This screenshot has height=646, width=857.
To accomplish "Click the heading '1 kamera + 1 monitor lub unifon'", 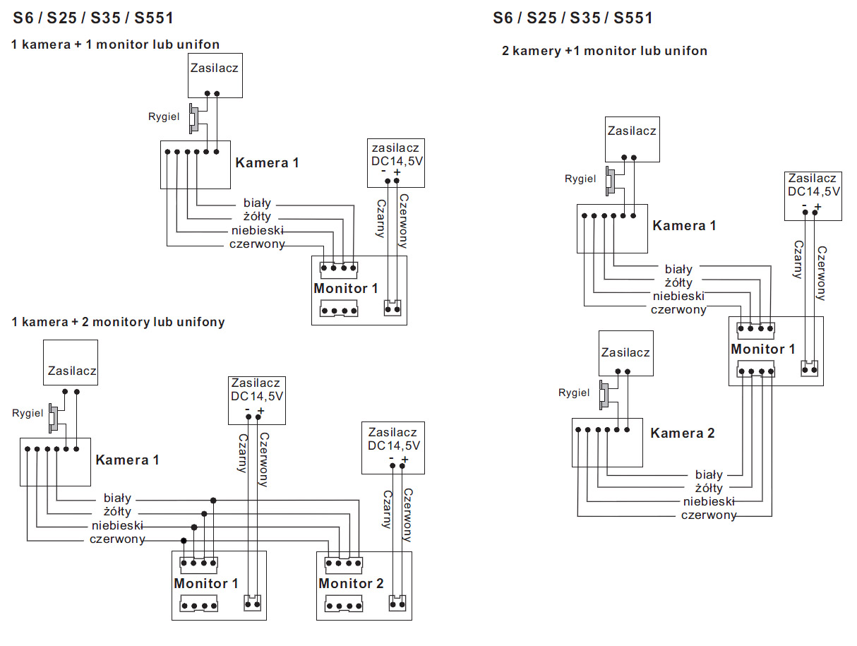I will point(115,44).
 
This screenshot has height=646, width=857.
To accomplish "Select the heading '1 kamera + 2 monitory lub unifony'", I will point(118,322).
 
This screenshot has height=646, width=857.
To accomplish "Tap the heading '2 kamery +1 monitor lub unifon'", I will point(604,51).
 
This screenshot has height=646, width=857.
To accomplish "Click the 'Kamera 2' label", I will point(682,433).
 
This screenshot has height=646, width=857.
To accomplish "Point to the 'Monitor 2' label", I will point(351,584).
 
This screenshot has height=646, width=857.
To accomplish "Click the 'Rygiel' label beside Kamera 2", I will point(574,393).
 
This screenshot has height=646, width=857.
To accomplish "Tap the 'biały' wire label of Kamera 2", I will point(709,474).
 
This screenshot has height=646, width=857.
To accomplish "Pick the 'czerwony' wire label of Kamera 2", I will point(709,515).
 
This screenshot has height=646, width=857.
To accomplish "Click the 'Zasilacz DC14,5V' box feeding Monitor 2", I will point(393,447).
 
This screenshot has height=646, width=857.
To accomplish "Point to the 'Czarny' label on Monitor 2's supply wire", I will point(386,509).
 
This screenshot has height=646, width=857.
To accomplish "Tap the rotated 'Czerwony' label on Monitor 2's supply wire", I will point(407,515).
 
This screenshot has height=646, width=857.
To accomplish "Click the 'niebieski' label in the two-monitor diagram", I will point(117,526).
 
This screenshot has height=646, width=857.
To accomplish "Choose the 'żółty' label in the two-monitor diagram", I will point(117,512).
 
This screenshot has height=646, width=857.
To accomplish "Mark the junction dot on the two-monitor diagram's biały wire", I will point(213,500).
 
